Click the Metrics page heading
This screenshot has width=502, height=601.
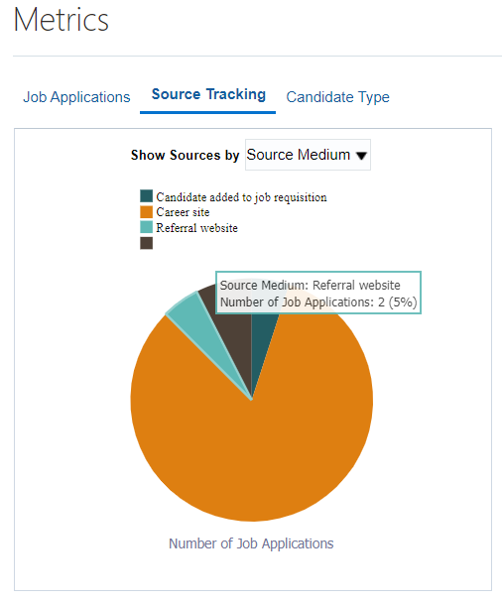62,20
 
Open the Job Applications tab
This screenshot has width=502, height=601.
76,97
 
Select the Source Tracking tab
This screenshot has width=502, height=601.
208,94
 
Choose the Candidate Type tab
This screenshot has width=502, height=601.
337,97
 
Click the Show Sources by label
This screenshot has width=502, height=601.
185,155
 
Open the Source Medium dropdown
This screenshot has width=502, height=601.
308,155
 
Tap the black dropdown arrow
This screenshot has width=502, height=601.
361,156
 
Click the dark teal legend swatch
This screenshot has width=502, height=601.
146,195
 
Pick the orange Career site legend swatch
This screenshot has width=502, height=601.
146,211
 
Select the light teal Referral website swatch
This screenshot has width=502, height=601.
146,227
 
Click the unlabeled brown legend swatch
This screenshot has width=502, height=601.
146,243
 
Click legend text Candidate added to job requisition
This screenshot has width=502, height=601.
241,197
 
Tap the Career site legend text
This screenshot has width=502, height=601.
183,212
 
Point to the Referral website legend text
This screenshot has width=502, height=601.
196,228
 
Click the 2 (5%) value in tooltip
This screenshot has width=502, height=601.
397,302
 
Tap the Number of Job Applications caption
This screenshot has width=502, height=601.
251,543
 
